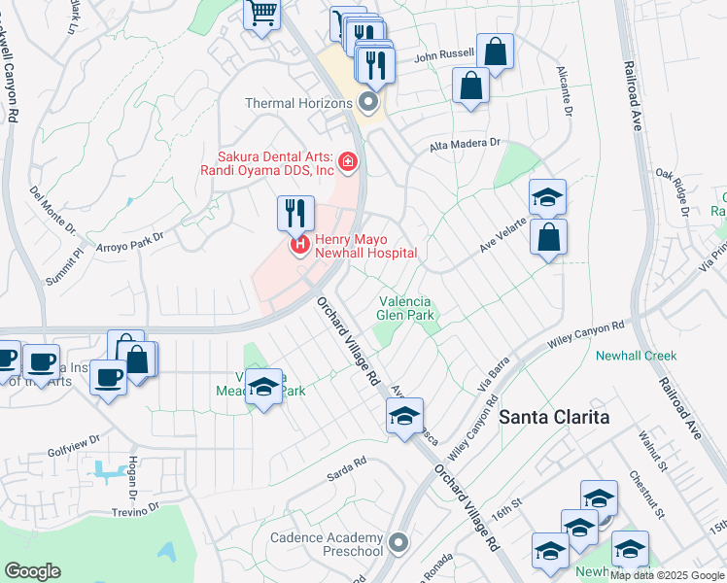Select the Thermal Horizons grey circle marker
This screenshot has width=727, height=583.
point(368,102)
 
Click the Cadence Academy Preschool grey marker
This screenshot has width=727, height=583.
point(397,541)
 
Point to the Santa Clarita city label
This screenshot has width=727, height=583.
point(554,417)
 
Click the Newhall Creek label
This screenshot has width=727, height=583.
point(637,356)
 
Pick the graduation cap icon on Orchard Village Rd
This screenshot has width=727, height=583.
point(404,417)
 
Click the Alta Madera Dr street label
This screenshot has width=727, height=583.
point(465,144)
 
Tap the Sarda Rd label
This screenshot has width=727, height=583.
point(346,465)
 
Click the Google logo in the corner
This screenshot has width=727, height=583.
point(32,571)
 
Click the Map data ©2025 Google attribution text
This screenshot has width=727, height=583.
point(668,575)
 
